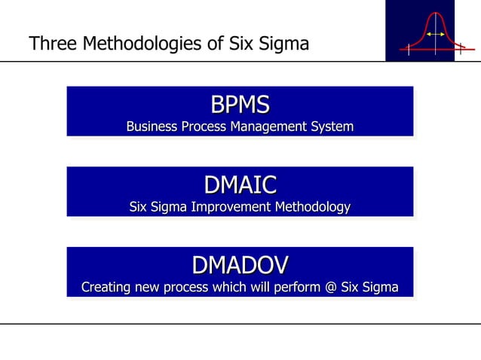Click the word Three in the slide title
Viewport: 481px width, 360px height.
(x=52, y=44)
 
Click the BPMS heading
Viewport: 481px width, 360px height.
(x=240, y=104)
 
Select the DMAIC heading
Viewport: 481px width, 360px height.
(x=240, y=185)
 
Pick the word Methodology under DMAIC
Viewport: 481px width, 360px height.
(x=311, y=207)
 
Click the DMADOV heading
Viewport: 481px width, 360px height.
(x=240, y=265)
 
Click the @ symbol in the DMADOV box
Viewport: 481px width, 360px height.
(x=329, y=288)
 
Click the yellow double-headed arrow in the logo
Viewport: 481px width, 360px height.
(x=434, y=35)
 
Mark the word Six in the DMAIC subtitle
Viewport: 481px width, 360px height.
(x=139, y=207)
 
